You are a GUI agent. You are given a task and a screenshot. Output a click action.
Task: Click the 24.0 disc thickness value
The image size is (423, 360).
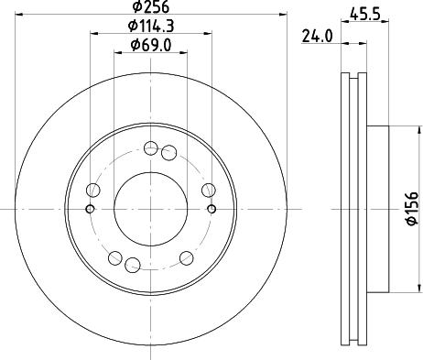(317, 37)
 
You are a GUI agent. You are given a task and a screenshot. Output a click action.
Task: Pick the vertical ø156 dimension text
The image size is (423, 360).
(411, 210)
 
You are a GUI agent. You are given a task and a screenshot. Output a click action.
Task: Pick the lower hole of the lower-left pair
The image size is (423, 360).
(131, 266)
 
